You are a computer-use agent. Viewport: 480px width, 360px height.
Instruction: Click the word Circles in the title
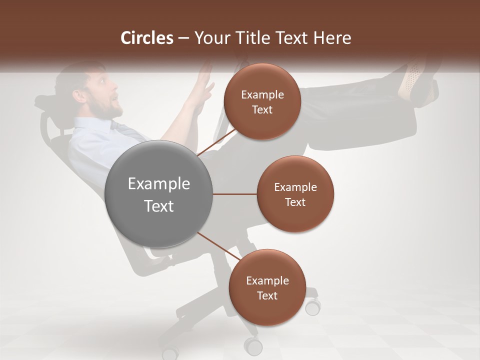pos(146,38)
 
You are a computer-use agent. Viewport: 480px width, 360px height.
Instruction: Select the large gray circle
pos(159,194)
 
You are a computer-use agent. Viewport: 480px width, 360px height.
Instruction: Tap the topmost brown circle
pos(262,101)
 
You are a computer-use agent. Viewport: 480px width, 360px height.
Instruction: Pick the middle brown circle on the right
pos(295,194)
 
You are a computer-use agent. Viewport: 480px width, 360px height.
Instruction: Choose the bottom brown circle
pos(267,287)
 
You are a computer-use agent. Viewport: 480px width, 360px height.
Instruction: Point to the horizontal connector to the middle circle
pos(235,194)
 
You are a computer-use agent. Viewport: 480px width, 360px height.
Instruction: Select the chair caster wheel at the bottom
pos(253,346)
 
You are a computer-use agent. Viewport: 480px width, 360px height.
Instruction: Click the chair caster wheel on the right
pos(313,306)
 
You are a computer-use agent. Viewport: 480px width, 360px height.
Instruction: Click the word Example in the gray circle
pos(159,184)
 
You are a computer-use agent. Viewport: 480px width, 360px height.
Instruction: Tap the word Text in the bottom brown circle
pos(267,295)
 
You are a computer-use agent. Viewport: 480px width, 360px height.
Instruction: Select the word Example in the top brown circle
pos(262,95)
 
